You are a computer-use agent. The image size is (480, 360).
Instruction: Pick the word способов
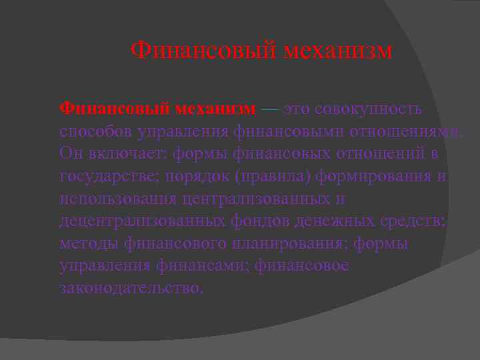(x=95, y=131)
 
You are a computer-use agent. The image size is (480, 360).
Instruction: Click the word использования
(x=117, y=199)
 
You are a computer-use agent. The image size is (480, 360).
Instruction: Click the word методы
(x=88, y=244)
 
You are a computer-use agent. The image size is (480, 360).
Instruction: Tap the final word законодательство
(x=129, y=289)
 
